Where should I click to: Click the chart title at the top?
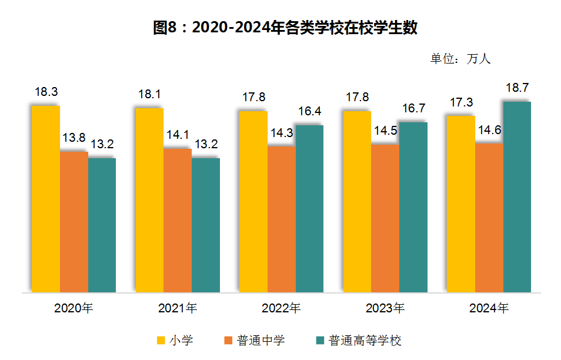tap(285, 28)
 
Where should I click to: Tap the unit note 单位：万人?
tap(460, 59)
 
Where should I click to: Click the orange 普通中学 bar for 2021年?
tap(178, 221)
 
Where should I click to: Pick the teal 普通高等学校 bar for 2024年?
tap(517, 197)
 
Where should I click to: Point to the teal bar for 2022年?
tap(309, 209)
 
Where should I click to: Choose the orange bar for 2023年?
tap(385, 218)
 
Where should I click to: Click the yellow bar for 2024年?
tap(460, 204)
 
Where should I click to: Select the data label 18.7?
tap(517, 88)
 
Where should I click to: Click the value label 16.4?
tap(309, 111)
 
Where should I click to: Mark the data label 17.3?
tap(461, 102)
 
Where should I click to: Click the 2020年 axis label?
tap(74, 308)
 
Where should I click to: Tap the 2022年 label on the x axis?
tap(281, 308)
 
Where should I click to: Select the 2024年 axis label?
tap(489, 308)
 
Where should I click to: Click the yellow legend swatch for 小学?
tap(161, 340)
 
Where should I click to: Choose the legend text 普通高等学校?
tap(365, 340)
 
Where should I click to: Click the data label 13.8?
tap(74, 138)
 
